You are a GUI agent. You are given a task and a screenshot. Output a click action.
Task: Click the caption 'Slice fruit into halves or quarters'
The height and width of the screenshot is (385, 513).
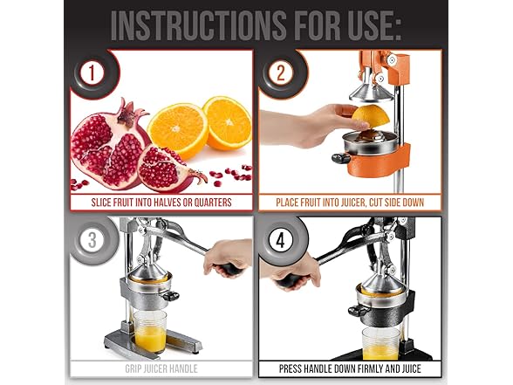(162, 203)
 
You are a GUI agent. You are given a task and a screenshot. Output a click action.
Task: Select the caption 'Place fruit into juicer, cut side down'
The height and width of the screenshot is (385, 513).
(350, 203)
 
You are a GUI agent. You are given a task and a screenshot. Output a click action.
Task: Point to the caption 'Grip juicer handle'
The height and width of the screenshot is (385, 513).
(162, 368)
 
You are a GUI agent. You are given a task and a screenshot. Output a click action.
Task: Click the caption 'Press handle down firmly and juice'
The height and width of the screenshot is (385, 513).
(350, 368)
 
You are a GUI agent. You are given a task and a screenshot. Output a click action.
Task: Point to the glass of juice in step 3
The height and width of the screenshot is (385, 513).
(151, 331)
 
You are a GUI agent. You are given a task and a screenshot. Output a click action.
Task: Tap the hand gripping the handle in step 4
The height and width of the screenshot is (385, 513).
(298, 269)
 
